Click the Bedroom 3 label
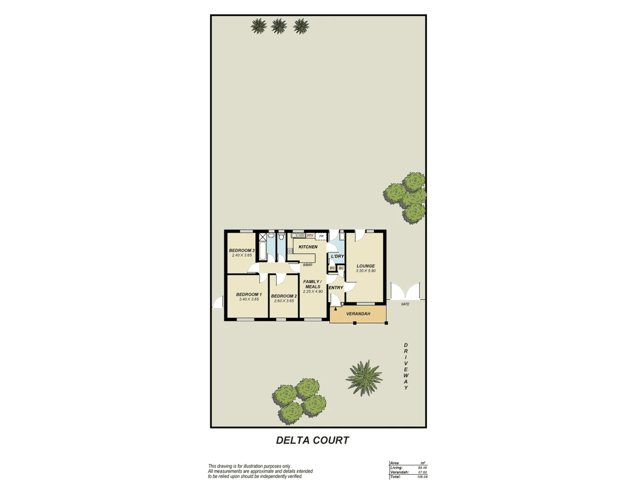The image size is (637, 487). [x=241, y=250]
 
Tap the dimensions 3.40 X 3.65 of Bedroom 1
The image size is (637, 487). [x=249, y=299]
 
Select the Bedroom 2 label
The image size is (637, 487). [x=284, y=296]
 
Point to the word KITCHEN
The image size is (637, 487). [x=308, y=247]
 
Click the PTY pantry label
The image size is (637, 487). [x=310, y=236]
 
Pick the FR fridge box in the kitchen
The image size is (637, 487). [x=321, y=236]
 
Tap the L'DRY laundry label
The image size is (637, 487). [x=337, y=256]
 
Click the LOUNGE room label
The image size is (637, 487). [x=366, y=266]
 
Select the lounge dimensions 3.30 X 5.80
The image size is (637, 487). [x=366, y=271]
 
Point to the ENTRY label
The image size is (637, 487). [x=336, y=288]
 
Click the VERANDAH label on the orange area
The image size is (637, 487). [x=358, y=314]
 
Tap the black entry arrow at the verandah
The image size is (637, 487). [x=336, y=310]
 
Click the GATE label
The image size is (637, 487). [x=405, y=304]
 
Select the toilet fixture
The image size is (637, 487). [x=281, y=236]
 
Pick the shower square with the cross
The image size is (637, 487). [x=261, y=236]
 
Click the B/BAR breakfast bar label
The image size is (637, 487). [x=307, y=265]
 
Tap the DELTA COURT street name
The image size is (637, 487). [x=313, y=441]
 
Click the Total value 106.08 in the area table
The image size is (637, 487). [x=422, y=477]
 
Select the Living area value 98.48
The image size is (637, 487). [x=422, y=468]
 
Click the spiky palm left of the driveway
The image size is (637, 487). [x=364, y=375]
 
